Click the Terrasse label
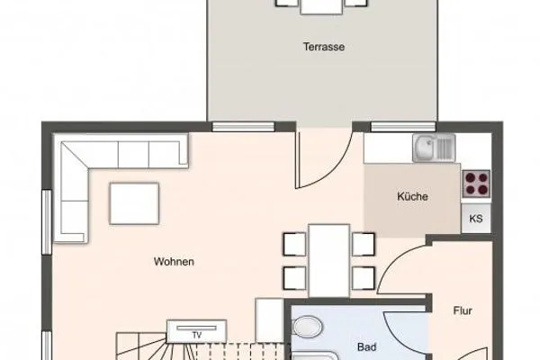point(324,47)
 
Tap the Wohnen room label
point(175,262)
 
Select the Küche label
point(412,197)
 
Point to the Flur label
point(463,310)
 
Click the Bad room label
point(365,346)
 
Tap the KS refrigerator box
point(476,218)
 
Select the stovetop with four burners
point(476,184)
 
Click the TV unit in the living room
point(195,333)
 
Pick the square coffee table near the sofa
point(135,203)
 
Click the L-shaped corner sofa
point(90,171)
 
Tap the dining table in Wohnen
point(328,259)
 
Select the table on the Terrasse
point(321,4)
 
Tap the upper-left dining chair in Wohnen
point(294,244)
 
